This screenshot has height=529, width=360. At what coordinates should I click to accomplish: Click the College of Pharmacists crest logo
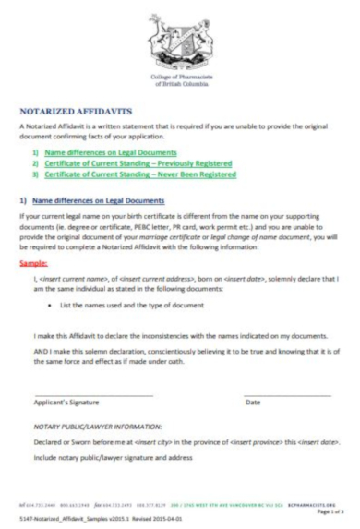pos(179,38)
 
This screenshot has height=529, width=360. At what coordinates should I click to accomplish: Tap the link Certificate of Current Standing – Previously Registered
pos(138,163)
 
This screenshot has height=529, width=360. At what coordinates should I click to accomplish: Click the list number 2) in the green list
pos(36,163)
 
